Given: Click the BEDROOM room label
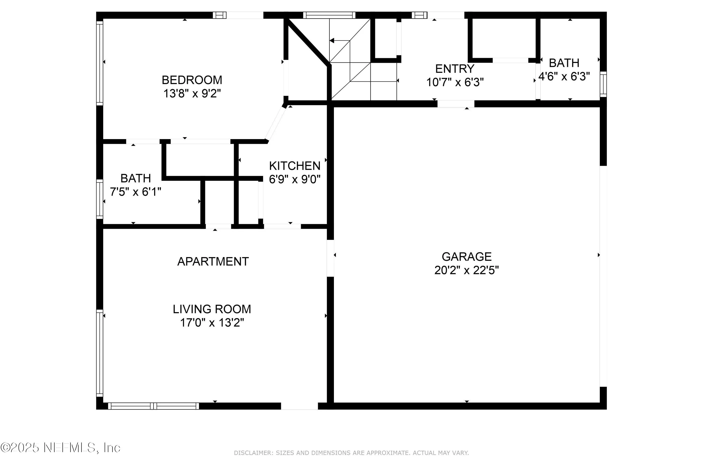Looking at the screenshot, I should coord(192,80).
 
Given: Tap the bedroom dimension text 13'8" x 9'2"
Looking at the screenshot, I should coord(192,94).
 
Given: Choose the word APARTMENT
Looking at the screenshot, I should coord(213,262).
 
